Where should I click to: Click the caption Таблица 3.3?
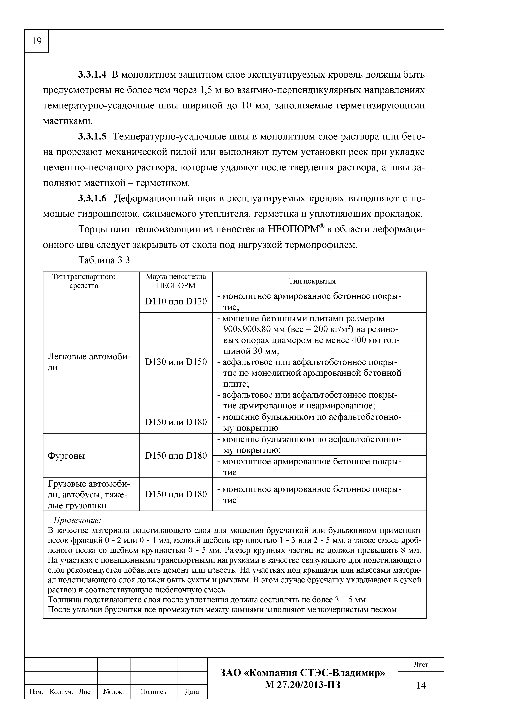coord(104,260)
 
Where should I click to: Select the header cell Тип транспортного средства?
coord(84,281)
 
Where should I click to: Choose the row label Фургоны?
coord(66,456)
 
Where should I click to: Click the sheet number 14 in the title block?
coord(421,685)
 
